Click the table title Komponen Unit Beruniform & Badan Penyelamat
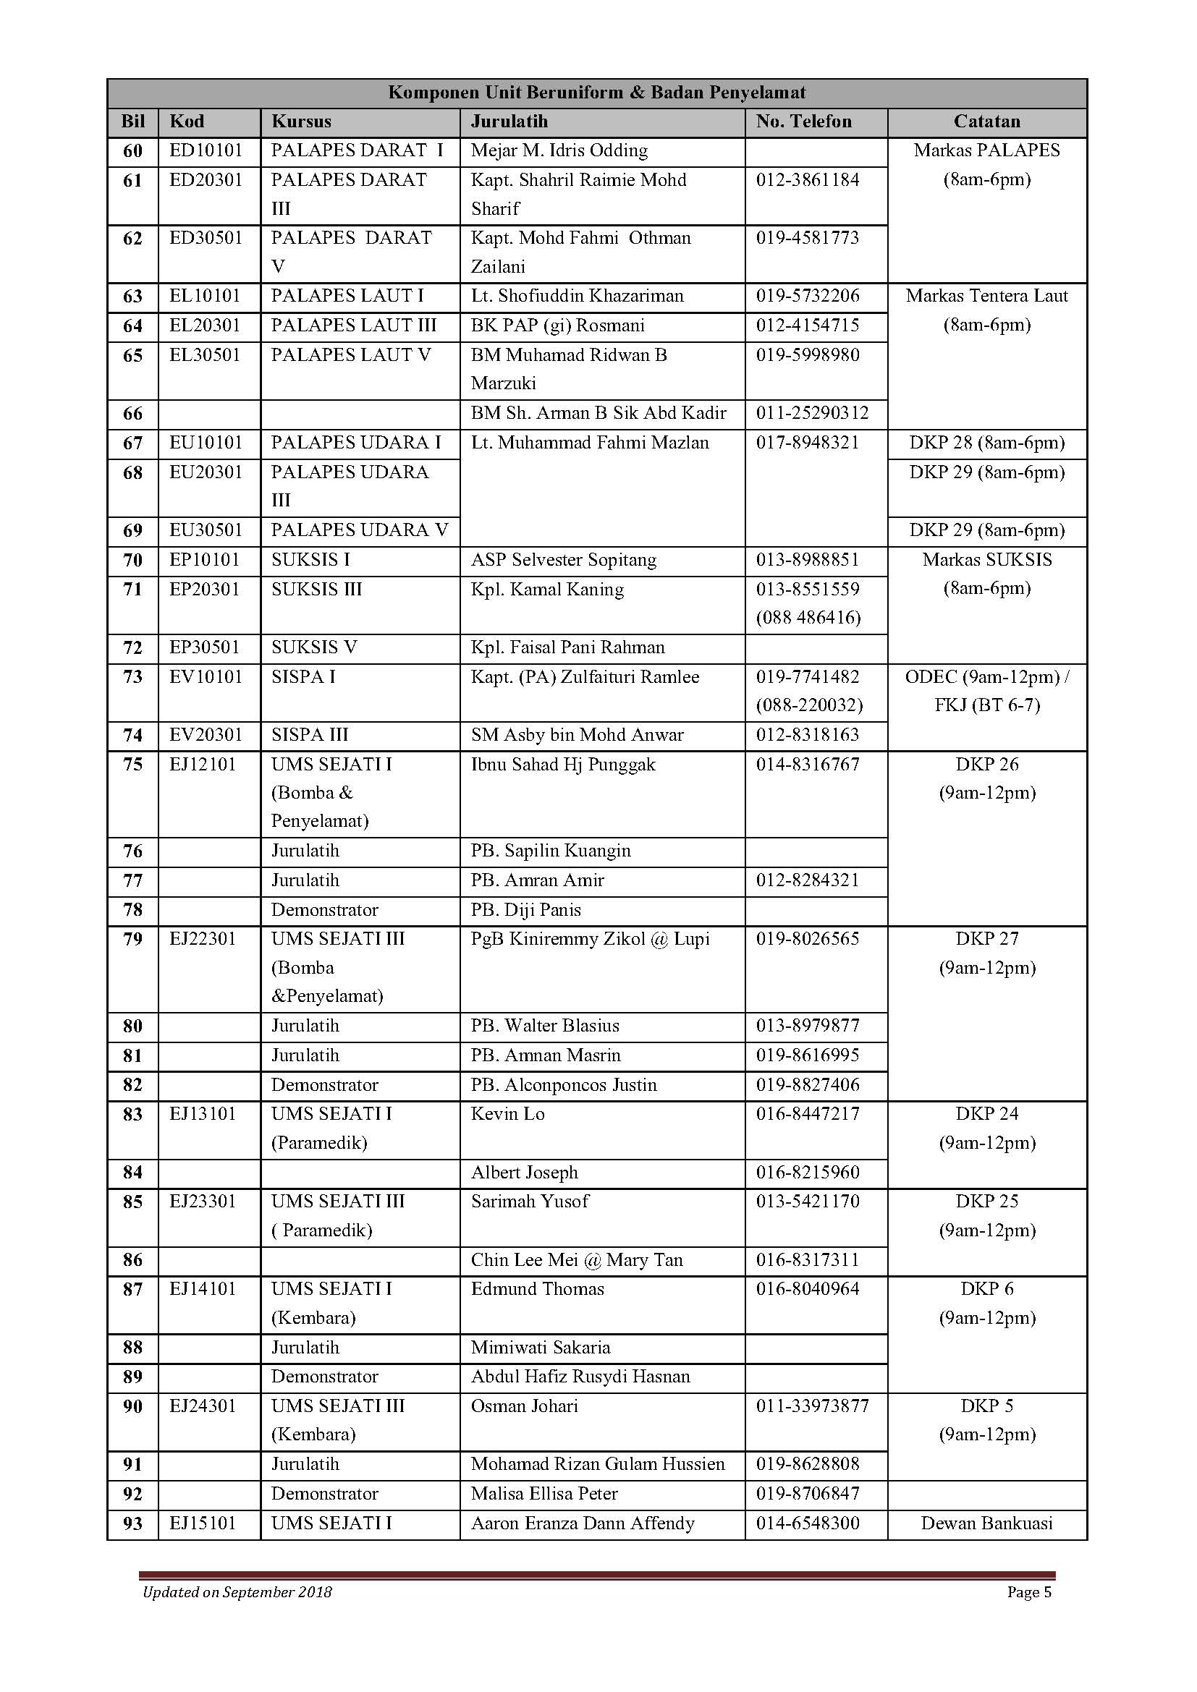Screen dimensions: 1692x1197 [596, 93]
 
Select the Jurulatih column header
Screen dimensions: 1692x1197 [509, 122]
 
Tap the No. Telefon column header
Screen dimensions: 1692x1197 [803, 122]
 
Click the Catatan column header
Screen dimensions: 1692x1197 [986, 122]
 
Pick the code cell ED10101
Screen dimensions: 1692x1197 [206, 151]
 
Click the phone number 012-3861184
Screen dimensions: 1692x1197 [807, 181]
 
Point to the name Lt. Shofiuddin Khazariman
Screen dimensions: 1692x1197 [577, 297]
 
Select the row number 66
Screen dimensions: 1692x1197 [132, 414]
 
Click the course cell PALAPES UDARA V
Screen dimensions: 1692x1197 [359, 530]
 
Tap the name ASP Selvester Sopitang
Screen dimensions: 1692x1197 [563, 560]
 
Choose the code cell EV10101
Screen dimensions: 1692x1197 [206, 677]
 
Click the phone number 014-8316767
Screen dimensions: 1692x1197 [807, 765]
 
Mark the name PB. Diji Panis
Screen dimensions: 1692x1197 [525, 910]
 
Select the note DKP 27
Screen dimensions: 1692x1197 [986, 939]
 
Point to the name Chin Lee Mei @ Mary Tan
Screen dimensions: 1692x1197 [576, 1260]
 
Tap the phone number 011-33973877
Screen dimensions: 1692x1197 [812, 1406]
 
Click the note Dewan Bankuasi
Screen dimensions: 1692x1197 [986, 1523]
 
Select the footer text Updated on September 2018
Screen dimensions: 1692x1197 [237, 1592]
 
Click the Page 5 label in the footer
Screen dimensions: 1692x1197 [1029, 1592]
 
